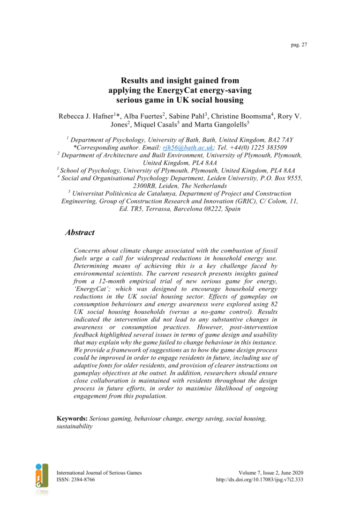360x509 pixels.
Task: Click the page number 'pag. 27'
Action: [299, 45]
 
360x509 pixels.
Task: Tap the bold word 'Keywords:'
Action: [72, 419]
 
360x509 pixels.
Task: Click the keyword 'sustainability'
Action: [75, 427]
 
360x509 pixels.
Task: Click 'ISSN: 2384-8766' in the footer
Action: [78, 480]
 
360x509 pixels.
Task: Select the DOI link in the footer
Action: [259, 480]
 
